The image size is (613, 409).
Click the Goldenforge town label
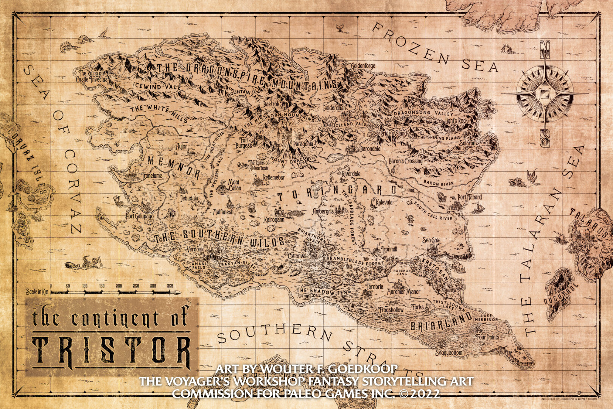tap(363, 66)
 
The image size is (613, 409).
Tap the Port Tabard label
tap(470, 197)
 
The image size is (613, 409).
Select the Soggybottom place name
tap(448, 353)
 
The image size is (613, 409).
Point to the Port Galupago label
tap(140, 216)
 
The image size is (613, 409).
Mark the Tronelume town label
tap(151, 176)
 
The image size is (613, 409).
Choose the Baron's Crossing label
tap(406, 161)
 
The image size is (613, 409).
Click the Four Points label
tap(487, 337)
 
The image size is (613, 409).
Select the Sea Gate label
tap(431, 240)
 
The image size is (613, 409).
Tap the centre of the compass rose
tap(545, 93)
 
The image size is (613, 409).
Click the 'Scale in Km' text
tap(37, 292)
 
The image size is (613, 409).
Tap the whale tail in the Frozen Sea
tap(339, 27)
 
